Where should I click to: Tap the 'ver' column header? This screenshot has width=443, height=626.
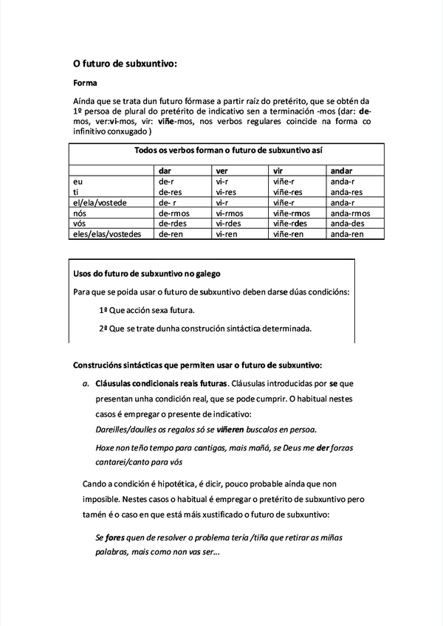(222, 171)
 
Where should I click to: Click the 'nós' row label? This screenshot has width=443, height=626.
(80, 213)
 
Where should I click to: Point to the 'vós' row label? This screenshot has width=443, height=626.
(80, 224)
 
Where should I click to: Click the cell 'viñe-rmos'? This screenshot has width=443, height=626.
(291, 213)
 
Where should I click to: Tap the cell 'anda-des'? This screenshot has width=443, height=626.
(347, 224)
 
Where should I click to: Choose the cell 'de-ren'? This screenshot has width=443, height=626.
(171, 234)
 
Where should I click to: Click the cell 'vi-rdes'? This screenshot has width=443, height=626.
(229, 224)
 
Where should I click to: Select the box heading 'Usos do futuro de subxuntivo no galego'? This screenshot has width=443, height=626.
(147, 274)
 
